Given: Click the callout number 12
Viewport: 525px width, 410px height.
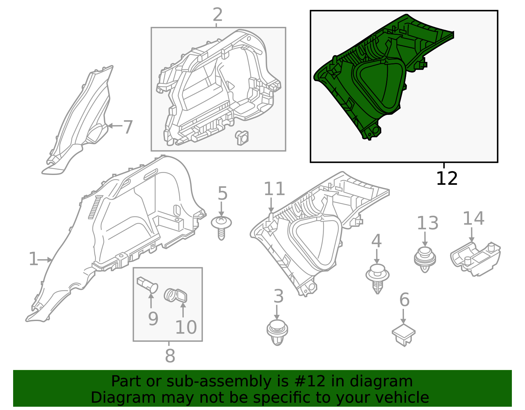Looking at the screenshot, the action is (x=447, y=179).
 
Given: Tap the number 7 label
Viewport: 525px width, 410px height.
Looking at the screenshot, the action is (x=128, y=127).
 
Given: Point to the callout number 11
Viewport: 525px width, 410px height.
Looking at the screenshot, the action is (x=274, y=189).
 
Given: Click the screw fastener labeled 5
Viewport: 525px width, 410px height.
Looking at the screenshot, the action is (x=221, y=228).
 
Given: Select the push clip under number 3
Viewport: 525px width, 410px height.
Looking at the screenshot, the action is (x=277, y=333).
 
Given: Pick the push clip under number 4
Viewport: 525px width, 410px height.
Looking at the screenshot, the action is (x=377, y=279).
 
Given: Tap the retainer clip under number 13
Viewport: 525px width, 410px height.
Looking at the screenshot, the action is (x=425, y=259).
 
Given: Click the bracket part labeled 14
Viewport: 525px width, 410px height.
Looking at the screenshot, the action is (x=475, y=259).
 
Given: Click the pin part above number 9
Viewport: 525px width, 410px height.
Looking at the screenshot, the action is (x=147, y=285).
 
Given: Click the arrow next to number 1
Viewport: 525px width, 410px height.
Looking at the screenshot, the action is (x=45, y=260).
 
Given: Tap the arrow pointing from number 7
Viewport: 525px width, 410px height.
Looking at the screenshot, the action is (x=115, y=126).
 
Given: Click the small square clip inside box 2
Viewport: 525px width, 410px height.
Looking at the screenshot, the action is (x=242, y=138).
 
